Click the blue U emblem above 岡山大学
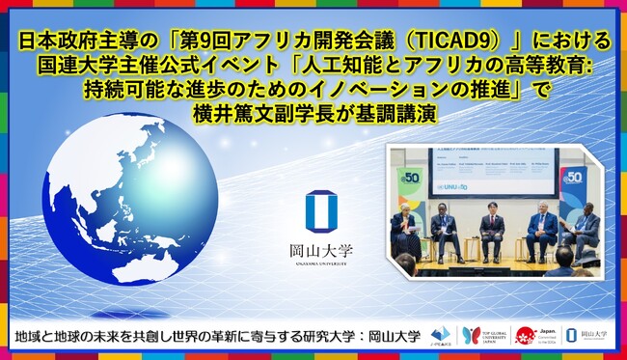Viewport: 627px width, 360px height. (x=320, y=211)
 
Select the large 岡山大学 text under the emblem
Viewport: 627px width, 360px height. (x=320, y=250)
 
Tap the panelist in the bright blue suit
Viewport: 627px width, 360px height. (x=542, y=230)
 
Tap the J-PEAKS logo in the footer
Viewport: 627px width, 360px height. (x=443, y=335)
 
